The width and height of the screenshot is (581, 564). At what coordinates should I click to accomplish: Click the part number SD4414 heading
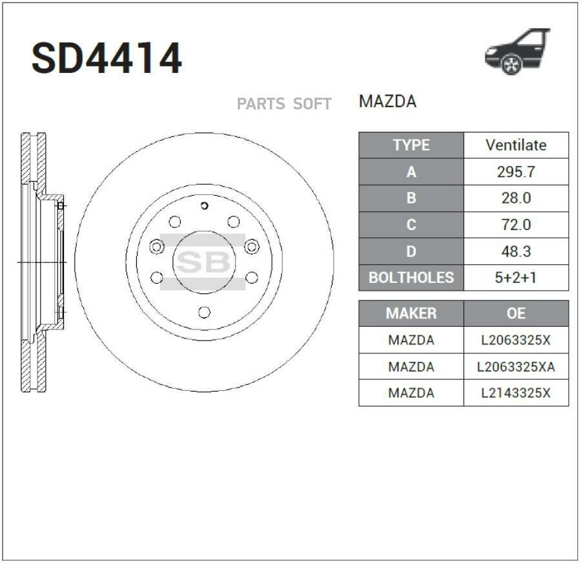coord(107,59)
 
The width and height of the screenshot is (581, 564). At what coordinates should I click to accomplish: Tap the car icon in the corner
coord(517,51)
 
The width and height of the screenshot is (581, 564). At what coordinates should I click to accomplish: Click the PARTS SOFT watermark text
coord(284,104)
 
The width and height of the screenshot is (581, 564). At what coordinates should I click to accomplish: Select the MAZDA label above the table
coord(387,101)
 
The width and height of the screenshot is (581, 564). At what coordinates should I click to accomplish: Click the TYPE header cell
coord(411,145)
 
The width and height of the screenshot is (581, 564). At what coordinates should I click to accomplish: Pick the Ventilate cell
coord(516,145)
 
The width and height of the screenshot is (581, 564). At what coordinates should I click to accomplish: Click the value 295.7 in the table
coord(516,172)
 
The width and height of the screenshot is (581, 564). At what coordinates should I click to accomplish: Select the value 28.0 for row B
coord(516,198)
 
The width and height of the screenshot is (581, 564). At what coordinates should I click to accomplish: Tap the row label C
coord(411,225)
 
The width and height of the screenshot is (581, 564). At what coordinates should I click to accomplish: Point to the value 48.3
coord(516,251)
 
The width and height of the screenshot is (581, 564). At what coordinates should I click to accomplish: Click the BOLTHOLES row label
coord(411,278)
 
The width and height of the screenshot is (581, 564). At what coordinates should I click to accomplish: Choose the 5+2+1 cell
coord(516,278)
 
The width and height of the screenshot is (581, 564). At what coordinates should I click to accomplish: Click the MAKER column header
coord(411,313)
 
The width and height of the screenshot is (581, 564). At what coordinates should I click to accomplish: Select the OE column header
coord(516,313)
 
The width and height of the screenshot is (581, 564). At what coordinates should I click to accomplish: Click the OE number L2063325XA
coord(516,367)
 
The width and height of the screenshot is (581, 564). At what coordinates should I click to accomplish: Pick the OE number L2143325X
coord(516,393)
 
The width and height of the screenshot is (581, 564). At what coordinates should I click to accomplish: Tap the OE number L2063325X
coord(516,340)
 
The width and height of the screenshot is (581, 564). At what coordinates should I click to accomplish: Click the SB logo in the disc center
coord(203,262)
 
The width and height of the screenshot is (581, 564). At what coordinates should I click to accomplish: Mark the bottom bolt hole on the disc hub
coord(204,312)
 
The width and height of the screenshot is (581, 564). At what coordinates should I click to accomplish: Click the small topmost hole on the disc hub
coord(204,206)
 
